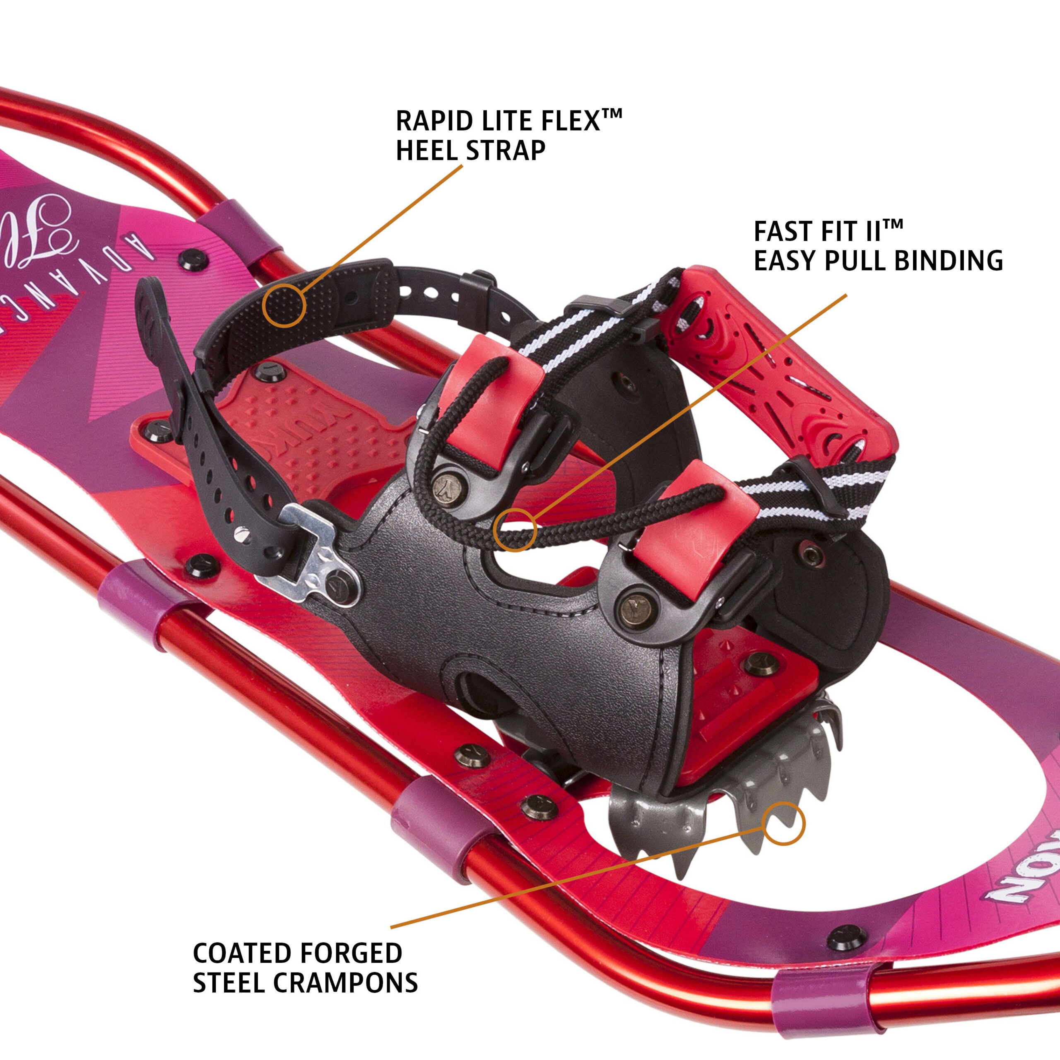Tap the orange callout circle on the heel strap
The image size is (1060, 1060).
[x=284, y=306]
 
